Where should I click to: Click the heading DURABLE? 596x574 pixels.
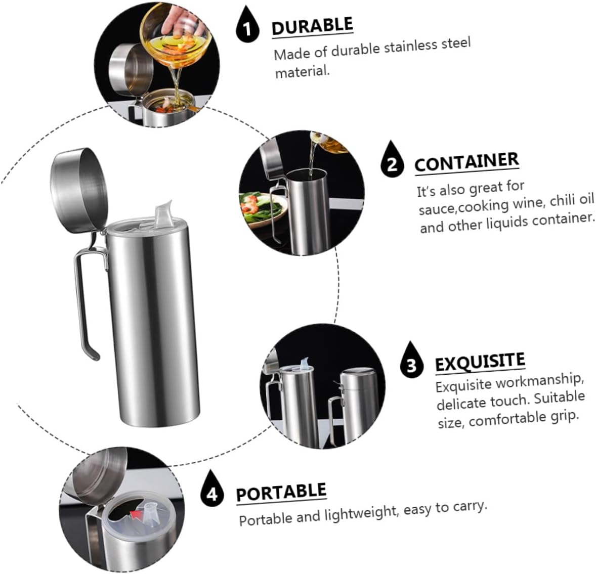click(x=312, y=26)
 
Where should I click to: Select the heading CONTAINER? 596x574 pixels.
click(x=466, y=162)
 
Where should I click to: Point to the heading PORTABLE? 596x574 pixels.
click(x=281, y=492)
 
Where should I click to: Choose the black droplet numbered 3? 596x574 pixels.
click(x=412, y=361)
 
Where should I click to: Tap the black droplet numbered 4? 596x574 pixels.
click(x=212, y=490)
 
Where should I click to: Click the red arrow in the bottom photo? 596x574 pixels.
click(x=136, y=515)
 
